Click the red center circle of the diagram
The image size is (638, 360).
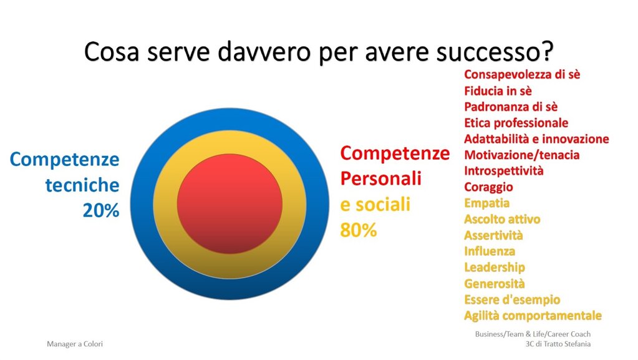pos(230,203)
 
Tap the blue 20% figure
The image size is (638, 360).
pos(101,210)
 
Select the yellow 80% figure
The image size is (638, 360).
pos(359,230)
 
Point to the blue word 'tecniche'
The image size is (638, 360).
pos(82,185)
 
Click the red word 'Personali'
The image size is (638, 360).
pos(381,178)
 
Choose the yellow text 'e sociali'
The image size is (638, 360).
pos(375,205)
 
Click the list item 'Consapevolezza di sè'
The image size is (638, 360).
pos(522,74)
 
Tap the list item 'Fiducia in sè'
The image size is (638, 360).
pos(498,91)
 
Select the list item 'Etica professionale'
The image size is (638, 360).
pos(516,123)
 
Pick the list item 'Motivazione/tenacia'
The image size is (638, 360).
pos(521,155)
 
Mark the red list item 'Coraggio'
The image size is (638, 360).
pos(489,187)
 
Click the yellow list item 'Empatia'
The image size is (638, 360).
pos(486,203)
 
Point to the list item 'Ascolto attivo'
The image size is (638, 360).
pos(502,219)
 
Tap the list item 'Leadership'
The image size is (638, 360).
pos(495,268)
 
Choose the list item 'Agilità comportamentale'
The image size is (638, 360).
pos(533,316)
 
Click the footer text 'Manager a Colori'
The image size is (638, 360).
pos(75,344)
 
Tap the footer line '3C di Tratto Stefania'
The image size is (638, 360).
pos(558,344)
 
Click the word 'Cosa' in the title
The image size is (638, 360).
pos(112,52)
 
